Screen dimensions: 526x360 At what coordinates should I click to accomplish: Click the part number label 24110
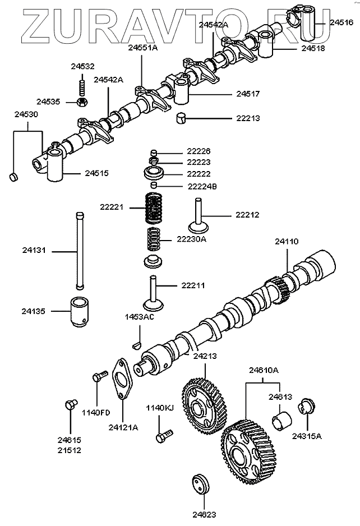point(287,242)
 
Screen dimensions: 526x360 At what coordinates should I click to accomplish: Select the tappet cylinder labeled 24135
point(79,311)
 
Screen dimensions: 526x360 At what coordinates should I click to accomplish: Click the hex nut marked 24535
point(81,101)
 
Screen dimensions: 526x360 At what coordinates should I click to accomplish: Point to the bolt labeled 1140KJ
point(166,435)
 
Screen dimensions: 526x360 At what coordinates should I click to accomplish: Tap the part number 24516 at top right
point(341,23)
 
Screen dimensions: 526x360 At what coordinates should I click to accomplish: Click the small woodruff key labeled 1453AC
point(136,343)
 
